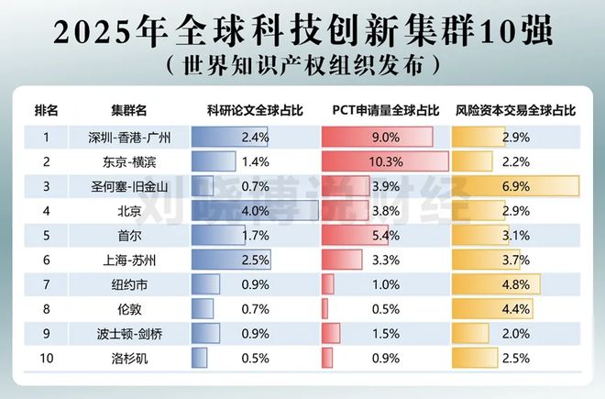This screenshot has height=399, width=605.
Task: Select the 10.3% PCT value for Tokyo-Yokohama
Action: [385, 162]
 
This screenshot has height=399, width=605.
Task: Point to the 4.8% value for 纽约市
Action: [517, 283]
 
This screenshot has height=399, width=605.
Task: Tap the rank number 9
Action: [45, 332]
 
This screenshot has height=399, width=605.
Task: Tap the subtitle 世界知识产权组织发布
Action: [302, 65]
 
